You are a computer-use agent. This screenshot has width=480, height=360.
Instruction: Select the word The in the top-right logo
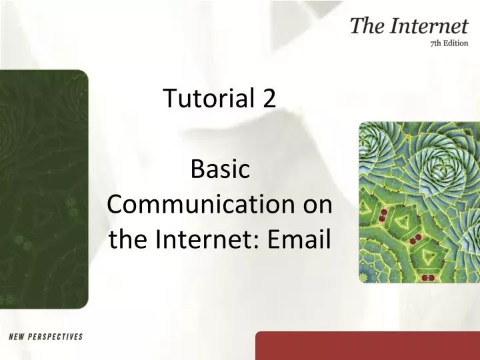pyautogui.click(x=366, y=27)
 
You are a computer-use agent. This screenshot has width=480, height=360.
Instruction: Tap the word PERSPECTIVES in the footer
pyautogui.click(x=57, y=337)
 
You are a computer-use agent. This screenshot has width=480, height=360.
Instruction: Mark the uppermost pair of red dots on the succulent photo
pyautogui.click(x=383, y=215)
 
